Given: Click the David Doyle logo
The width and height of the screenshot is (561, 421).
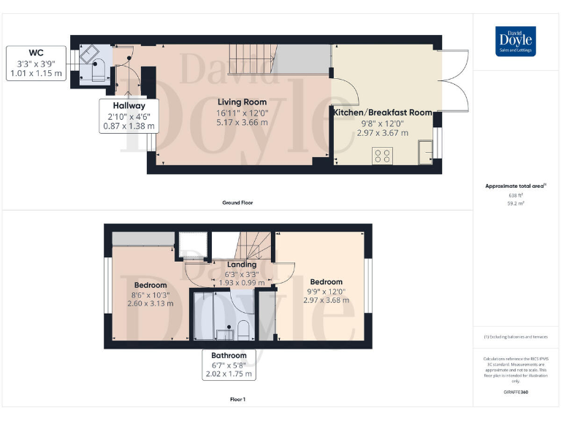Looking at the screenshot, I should point(516,42).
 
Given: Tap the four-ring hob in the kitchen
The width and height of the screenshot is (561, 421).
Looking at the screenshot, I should point(382,155).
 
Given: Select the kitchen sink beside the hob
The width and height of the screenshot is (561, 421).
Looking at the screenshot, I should point(424,152).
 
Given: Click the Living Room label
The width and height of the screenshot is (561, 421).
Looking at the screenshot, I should point(242,102).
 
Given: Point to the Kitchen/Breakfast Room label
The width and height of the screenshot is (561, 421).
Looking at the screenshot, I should point(383,113).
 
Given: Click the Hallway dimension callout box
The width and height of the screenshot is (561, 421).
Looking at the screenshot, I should point(129,115).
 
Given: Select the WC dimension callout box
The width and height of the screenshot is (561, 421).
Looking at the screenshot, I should point(37,64).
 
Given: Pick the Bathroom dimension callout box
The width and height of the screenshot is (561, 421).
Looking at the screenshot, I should point(229,365).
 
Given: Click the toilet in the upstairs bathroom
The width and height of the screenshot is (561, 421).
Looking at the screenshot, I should point(244,330).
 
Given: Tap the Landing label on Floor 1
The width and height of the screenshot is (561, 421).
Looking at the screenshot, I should point(242,265).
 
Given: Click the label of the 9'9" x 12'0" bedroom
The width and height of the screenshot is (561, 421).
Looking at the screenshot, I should point(326,281).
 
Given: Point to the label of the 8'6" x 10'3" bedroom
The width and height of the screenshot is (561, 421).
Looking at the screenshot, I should point(150,285).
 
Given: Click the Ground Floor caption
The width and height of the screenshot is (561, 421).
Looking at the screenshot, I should point(238,202).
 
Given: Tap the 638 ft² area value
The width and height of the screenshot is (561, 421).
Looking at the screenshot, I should point(516,195).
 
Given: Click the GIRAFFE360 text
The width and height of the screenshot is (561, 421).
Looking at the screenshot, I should point(516,393).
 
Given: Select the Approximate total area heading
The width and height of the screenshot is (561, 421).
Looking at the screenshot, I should point(516,186).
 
